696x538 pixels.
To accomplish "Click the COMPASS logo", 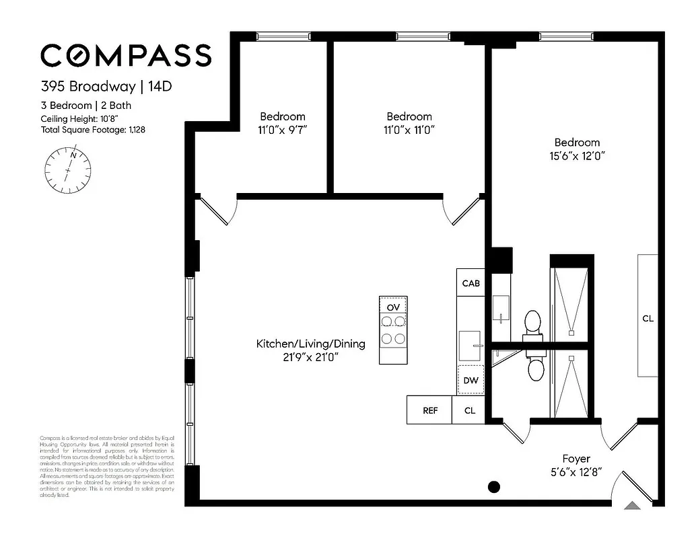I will (126, 55).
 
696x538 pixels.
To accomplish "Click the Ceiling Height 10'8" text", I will (75, 118).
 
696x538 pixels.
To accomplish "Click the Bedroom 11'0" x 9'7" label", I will (283, 123).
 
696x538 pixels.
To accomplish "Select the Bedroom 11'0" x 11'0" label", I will (409, 123).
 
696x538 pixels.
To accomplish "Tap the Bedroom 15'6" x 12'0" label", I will (577, 149).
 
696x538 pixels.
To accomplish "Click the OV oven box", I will (394, 307).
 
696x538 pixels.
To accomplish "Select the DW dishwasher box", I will (471, 381).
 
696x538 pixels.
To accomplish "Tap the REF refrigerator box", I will (429, 410).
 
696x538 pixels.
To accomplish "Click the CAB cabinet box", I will (471, 283).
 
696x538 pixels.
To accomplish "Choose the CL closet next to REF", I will (470, 410).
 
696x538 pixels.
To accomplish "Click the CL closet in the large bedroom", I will (648, 318).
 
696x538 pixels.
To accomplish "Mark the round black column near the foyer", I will (494, 487).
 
